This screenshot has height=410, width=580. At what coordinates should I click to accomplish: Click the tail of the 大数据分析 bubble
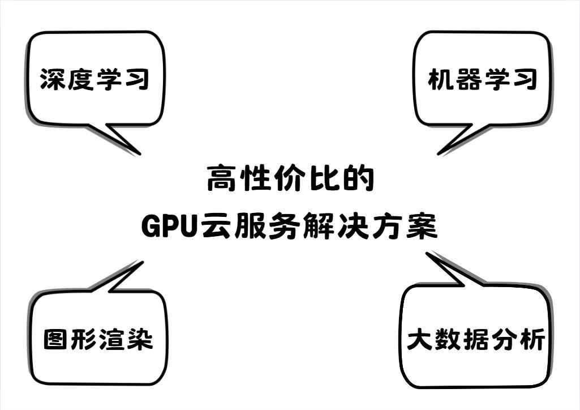tap(428, 254)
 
